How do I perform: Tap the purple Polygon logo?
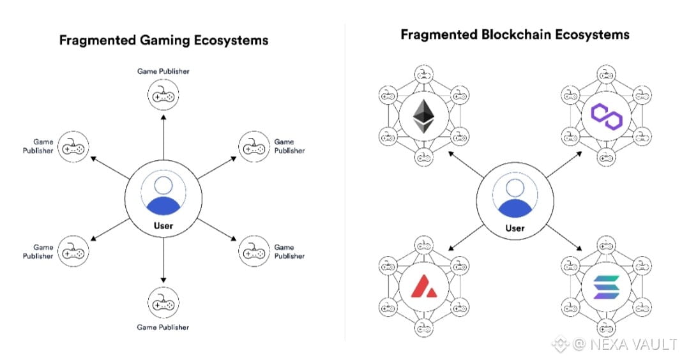606,116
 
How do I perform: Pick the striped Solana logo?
606,287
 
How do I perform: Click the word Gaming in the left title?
164,41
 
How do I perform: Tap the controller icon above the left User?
163,94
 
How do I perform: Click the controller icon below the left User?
163,303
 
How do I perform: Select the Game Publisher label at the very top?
163,71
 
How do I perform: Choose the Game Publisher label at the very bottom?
163,327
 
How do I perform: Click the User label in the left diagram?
163,226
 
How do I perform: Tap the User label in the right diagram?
515,228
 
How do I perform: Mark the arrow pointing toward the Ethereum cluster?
466,164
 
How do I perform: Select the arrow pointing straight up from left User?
163,137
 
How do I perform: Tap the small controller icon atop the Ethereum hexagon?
423,74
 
